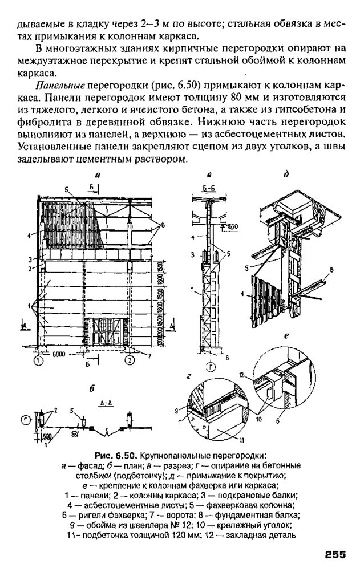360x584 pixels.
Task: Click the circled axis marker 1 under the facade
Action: [x=38, y=360]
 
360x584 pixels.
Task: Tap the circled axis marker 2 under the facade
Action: [x=130, y=360]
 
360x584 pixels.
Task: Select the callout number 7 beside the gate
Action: [x=149, y=356]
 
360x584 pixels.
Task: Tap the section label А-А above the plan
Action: [x=106, y=401]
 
